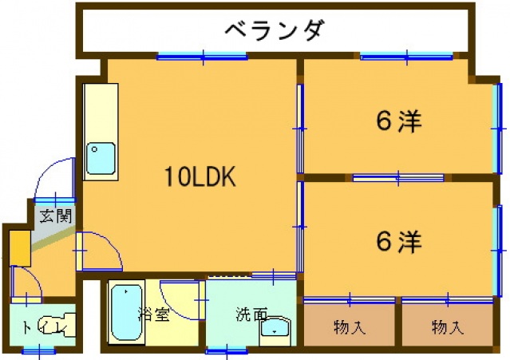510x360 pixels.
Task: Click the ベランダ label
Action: click(x=274, y=31)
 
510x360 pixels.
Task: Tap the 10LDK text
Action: click(x=200, y=177)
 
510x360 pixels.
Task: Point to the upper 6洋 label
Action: click(x=398, y=121)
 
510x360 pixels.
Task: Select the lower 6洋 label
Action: click(x=398, y=240)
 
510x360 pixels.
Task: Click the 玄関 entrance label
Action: click(x=56, y=215)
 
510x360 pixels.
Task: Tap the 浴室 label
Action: click(x=153, y=314)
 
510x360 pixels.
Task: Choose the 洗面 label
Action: click(x=251, y=314)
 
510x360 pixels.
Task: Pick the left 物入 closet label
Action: click(x=348, y=326)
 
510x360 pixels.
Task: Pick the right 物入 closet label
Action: click(x=447, y=326)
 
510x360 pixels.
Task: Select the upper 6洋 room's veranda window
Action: click(x=406, y=56)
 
